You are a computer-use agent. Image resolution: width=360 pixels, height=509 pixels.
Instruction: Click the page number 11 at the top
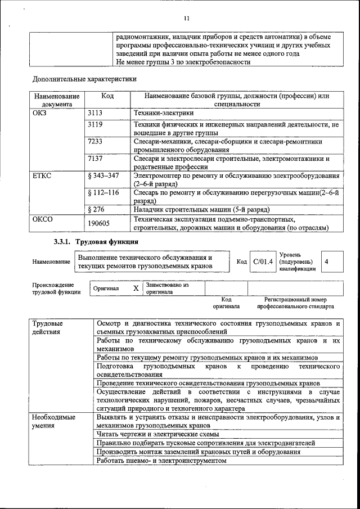tap(186, 17)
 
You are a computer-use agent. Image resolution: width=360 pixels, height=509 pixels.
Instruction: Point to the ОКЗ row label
tap(41, 113)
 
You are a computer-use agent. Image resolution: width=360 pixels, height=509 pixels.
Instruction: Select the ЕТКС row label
tap(42, 177)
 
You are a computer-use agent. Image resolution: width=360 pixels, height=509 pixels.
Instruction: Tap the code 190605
tap(99, 223)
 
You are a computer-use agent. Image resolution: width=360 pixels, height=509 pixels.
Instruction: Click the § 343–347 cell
tap(104, 177)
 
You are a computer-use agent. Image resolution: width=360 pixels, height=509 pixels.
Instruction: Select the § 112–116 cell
tap(104, 192)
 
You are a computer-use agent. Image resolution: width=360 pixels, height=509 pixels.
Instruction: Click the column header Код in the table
tap(107, 96)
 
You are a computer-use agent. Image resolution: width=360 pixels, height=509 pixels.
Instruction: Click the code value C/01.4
tap(263, 262)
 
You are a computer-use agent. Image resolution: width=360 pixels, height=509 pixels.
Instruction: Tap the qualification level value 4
tap(327, 262)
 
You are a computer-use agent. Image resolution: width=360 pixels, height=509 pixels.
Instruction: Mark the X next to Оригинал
tap(135, 288)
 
